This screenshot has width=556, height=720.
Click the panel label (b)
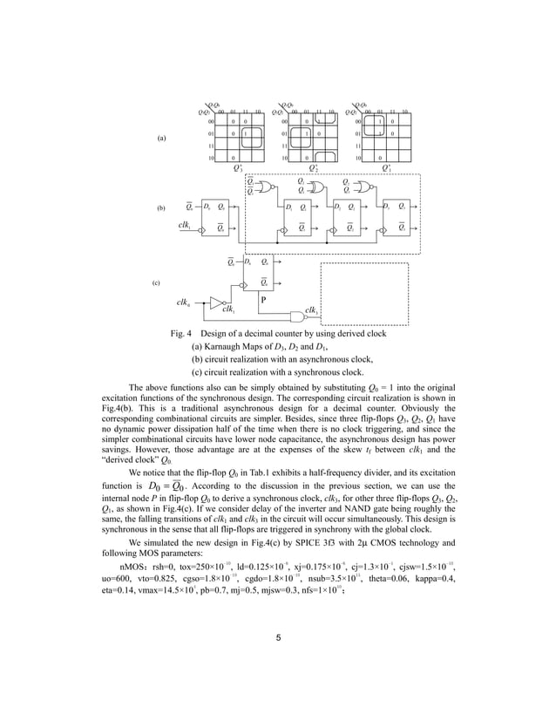[x=160, y=210]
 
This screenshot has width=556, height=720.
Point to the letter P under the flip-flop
[x=263, y=299]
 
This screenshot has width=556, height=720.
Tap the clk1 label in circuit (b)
[x=185, y=225]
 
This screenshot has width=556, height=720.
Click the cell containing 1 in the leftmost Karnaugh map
[x=246, y=133]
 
